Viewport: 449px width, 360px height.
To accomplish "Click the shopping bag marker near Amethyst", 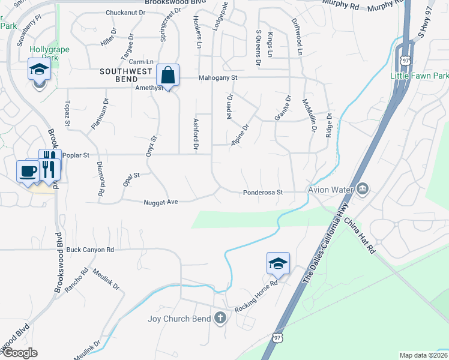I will point(168,76).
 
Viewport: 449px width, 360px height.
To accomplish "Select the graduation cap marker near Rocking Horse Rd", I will point(278,263).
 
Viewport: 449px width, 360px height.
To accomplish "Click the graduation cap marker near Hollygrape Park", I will point(39,70).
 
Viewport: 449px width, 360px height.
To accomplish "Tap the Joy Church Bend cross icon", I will point(220,318).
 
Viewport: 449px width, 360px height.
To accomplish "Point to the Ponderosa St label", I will point(262,193).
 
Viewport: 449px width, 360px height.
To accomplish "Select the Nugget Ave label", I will point(161,202).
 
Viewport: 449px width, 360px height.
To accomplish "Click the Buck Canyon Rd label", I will point(90,250).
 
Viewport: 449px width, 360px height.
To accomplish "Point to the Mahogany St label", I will point(219,77).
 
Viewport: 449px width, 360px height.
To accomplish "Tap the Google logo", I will point(19,353).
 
